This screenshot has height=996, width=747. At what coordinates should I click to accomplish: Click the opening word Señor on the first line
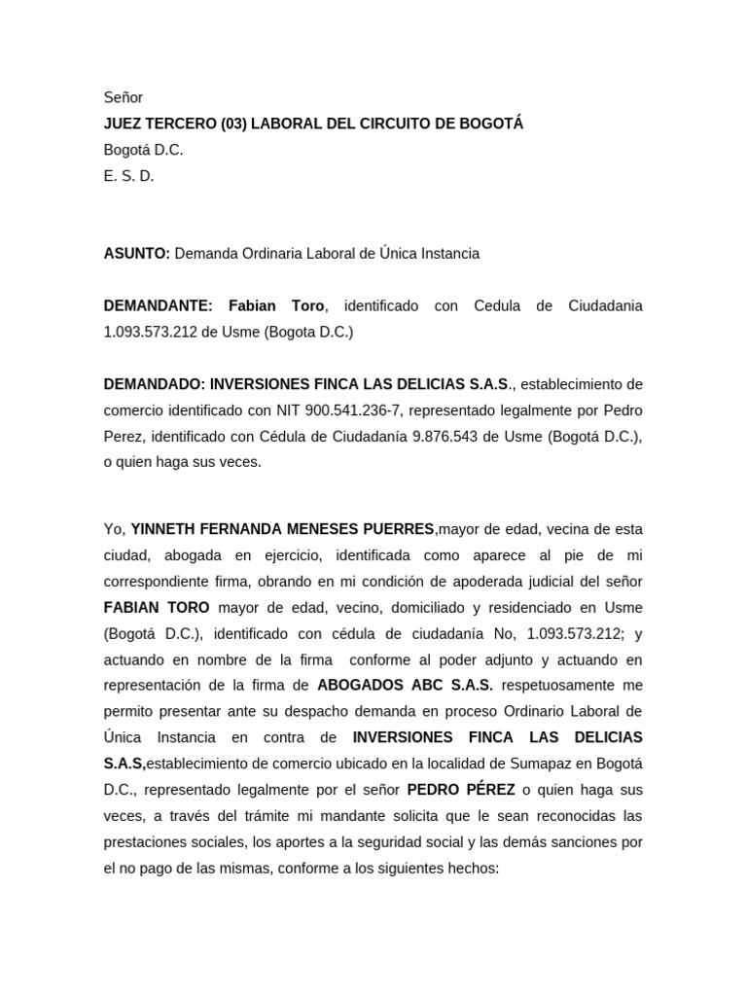tap(124, 97)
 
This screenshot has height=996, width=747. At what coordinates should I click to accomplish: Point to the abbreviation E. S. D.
tap(129, 176)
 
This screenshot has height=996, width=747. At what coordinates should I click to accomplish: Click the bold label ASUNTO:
tap(137, 254)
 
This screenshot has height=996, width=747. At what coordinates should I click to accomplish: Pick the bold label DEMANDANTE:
tap(159, 306)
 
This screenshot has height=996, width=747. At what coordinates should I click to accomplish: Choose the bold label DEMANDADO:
tap(155, 384)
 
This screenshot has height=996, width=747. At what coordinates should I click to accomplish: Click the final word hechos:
tap(471, 869)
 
